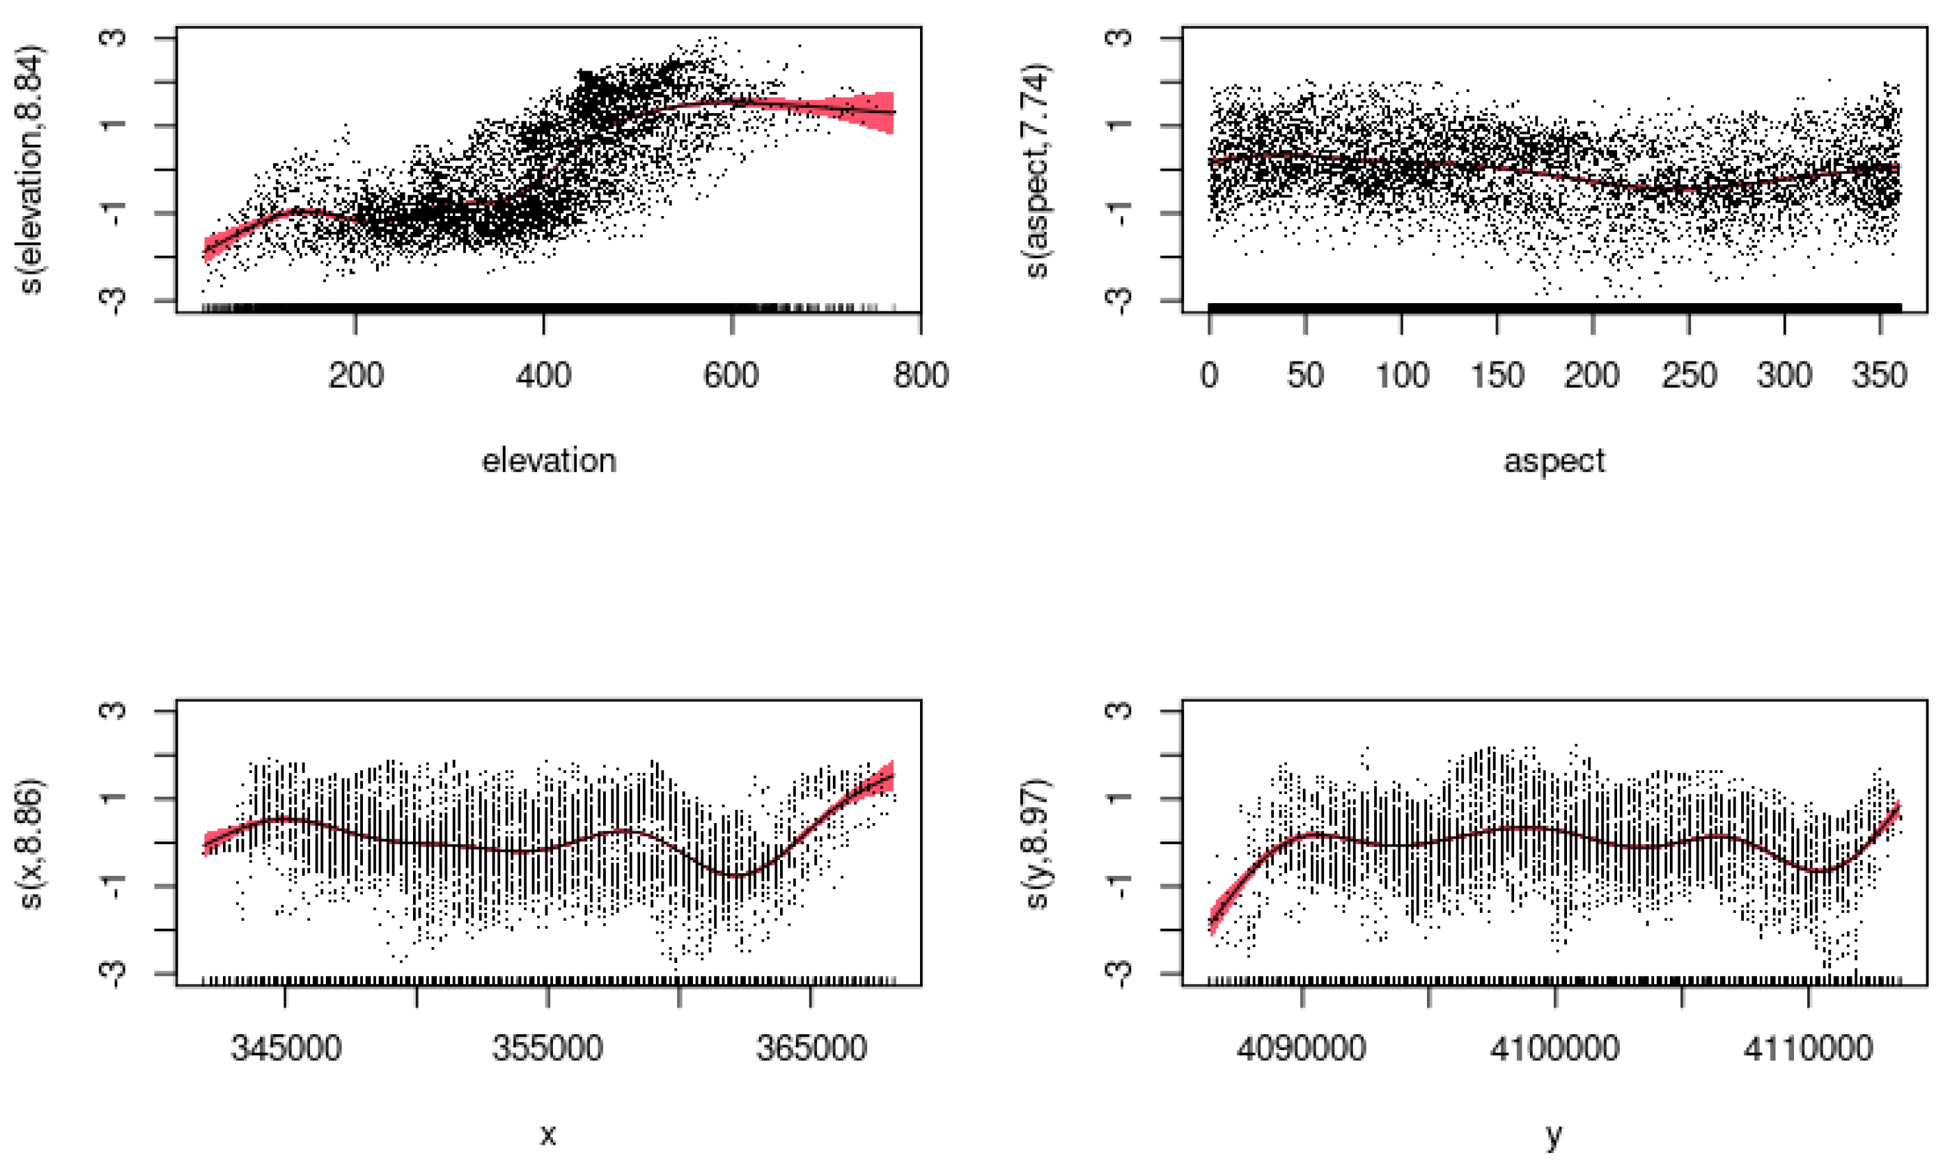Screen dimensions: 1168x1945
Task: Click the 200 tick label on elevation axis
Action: click(x=356, y=375)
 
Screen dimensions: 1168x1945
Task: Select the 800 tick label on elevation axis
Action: click(x=920, y=375)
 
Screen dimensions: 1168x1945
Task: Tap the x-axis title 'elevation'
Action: click(x=549, y=461)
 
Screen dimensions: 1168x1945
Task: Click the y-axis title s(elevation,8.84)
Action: click(x=32, y=169)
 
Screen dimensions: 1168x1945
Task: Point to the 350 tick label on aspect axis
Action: click(x=1879, y=375)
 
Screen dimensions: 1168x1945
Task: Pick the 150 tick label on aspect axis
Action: click(x=1497, y=375)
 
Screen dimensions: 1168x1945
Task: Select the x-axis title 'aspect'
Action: click(x=1554, y=461)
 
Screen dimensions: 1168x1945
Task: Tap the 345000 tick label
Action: click(x=285, y=1049)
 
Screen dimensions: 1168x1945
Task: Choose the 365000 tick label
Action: click(x=811, y=1049)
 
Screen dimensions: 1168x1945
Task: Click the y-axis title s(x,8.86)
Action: click(x=32, y=843)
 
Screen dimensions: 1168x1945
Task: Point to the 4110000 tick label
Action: click(x=1808, y=1049)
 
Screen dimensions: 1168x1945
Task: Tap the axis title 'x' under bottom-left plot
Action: click(x=549, y=1134)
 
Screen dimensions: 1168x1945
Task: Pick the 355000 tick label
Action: click(x=548, y=1049)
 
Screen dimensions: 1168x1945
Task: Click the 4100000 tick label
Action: click(x=1555, y=1049)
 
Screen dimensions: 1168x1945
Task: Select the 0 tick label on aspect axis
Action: click(x=1210, y=375)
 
